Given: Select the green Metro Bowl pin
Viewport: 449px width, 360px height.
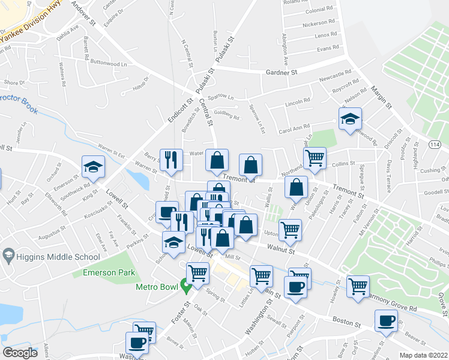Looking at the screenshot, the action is [186, 287].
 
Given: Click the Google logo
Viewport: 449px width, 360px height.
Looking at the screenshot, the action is [20, 353].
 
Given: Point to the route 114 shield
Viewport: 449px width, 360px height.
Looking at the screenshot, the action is [434, 145].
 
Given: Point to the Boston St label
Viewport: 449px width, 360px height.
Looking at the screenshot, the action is [345, 322].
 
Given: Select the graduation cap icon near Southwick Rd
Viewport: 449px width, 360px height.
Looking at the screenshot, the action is [93, 167].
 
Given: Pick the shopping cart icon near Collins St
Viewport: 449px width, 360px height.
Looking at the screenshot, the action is [315, 158].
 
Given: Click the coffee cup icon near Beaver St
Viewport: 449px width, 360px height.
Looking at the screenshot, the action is [386, 320].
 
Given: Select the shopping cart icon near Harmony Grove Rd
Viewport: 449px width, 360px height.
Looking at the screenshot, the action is [358, 286].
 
